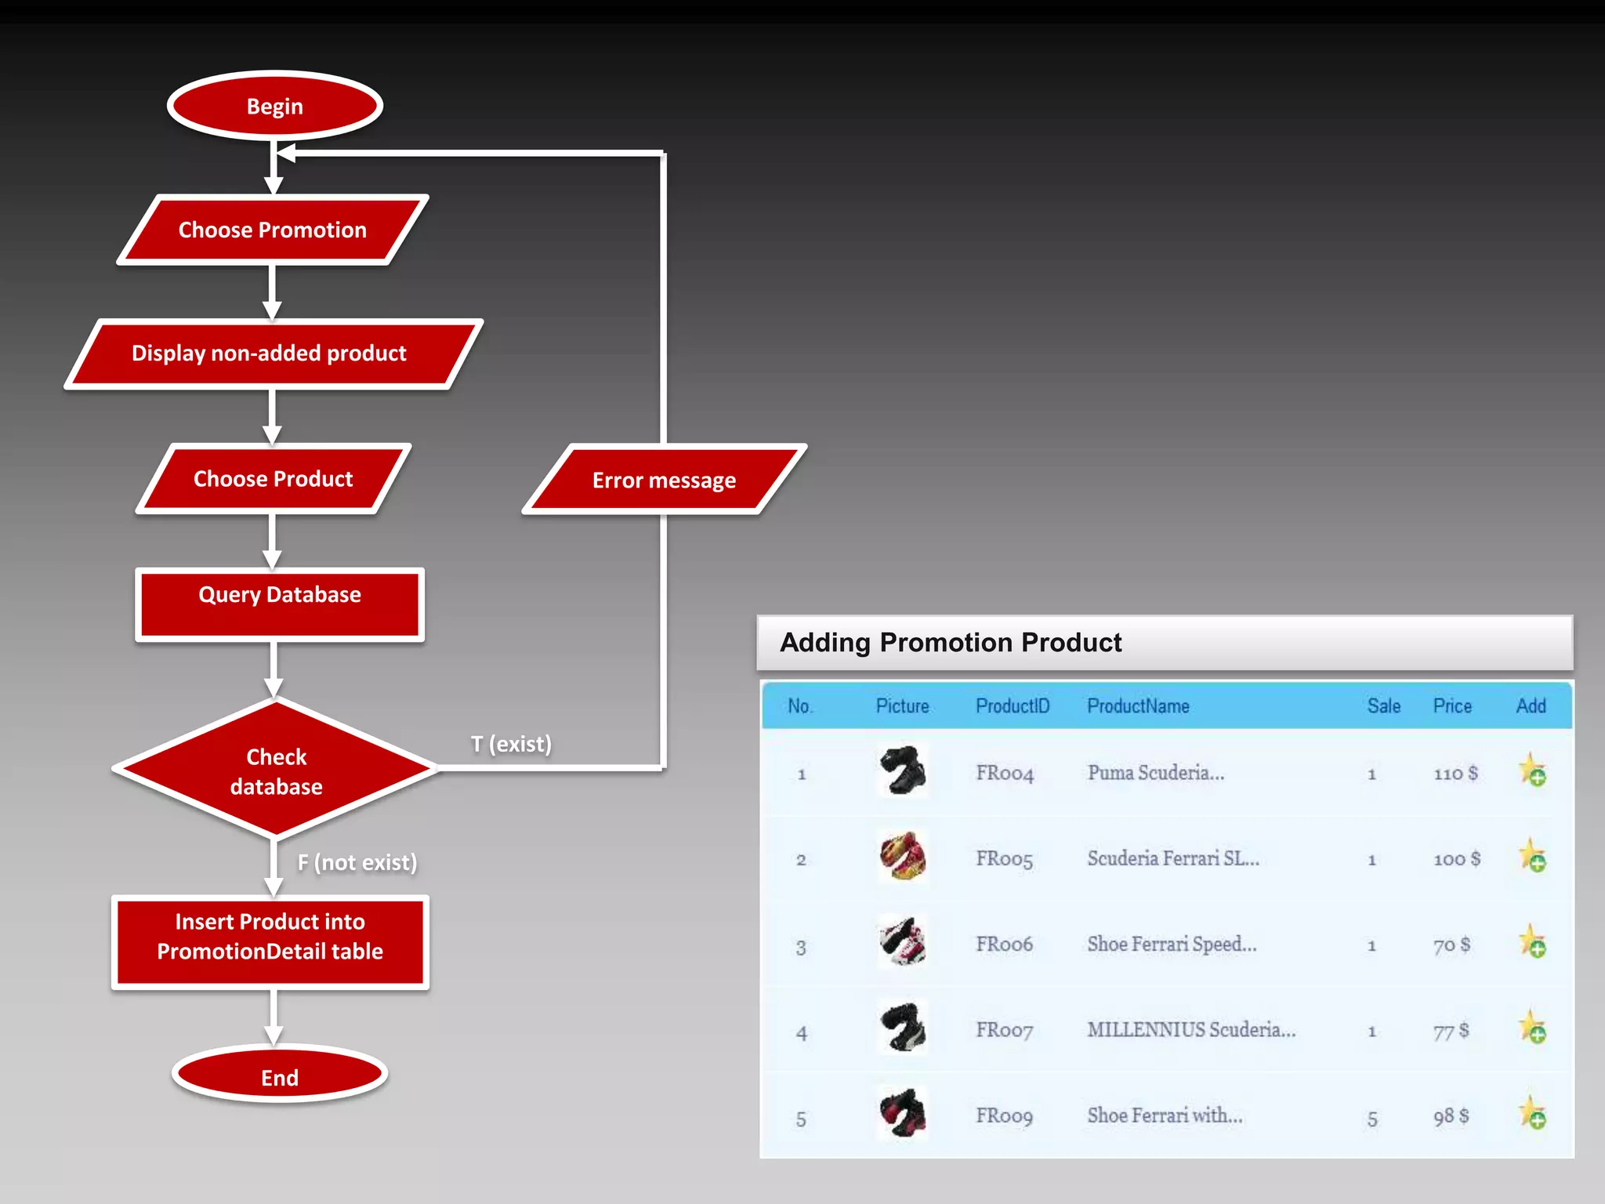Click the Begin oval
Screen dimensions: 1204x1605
(x=274, y=106)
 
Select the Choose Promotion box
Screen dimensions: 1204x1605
(x=273, y=230)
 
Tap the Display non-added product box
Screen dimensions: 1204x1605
(x=270, y=354)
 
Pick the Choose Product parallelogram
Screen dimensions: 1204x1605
(x=274, y=479)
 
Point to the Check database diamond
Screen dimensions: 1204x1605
(x=276, y=771)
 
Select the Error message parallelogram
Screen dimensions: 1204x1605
(x=664, y=480)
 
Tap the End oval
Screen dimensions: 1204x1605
(x=279, y=1076)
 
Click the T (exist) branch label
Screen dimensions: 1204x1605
(x=511, y=744)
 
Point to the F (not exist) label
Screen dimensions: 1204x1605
(x=357, y=862)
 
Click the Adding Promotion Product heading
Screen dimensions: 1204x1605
(x=951, y=643)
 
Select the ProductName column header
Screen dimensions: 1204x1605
(x=1138, y=706)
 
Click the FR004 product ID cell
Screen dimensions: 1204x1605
(x=1005, y=774)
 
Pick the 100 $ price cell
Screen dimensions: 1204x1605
(x=1456, y=859)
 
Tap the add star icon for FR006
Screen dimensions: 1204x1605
(x=1532, y=942)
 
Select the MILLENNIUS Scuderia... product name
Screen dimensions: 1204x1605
(x=1191, y=1030)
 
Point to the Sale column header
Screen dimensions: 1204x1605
(x=1383, y=706)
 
